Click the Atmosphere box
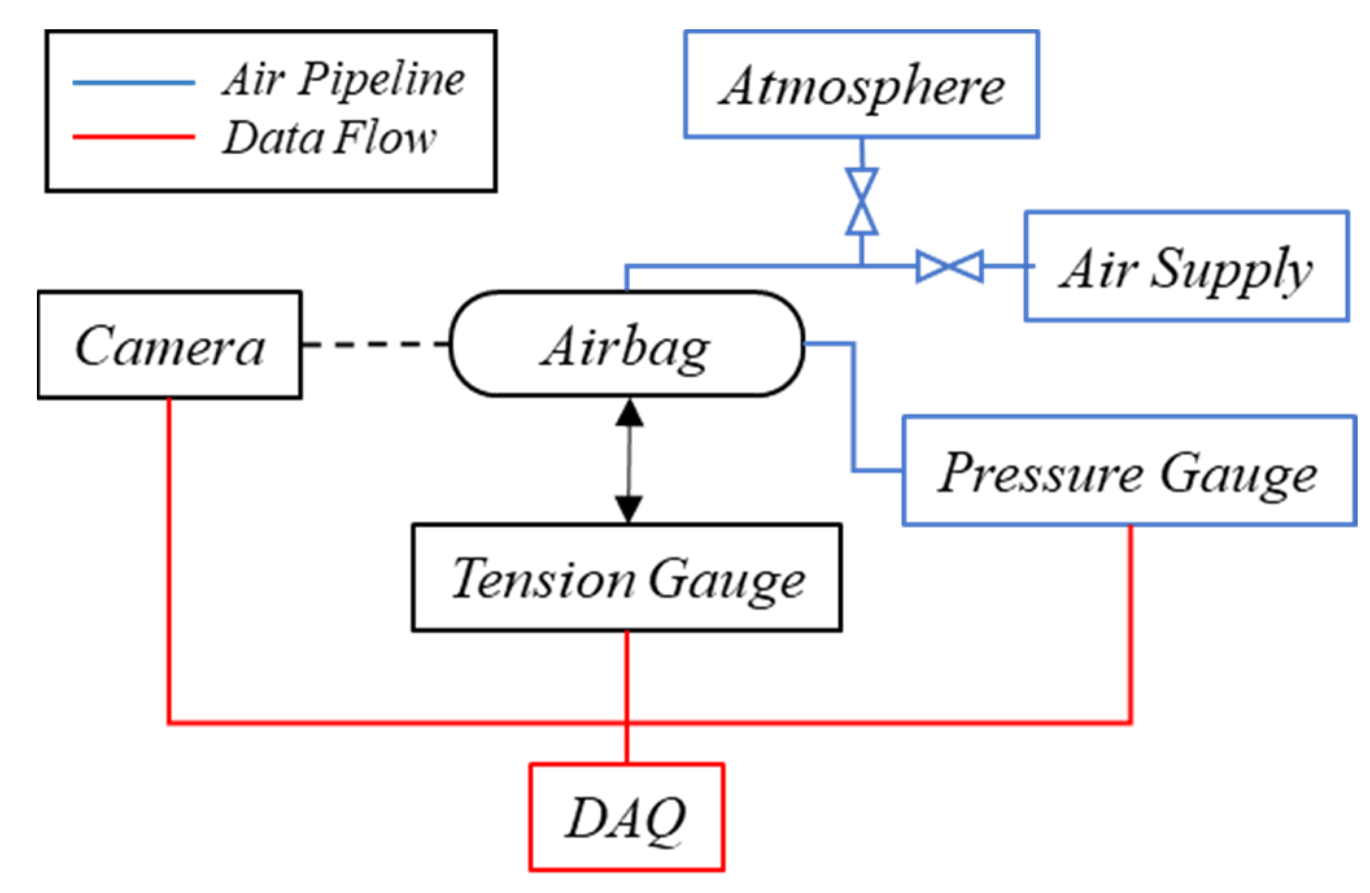(x=861, y=84)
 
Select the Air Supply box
(x=1186, y=266)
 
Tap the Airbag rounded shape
(x=627, y=344)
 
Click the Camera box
(x=169, y=345)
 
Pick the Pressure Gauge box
(x=1129, y=471)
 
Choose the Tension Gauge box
(x=627, y=577)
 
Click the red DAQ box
(x=627, y=816)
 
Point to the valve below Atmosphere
(x=861, y=201)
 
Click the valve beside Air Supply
(x=950, y=266)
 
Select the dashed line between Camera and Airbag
(x=376, y=344)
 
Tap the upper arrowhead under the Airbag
(x=629, y=414)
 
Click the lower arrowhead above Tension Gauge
(x=629, y=508)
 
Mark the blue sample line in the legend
(x=134, y=82)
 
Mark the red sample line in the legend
(x=134, y=137)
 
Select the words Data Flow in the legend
(x=330, y=138)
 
